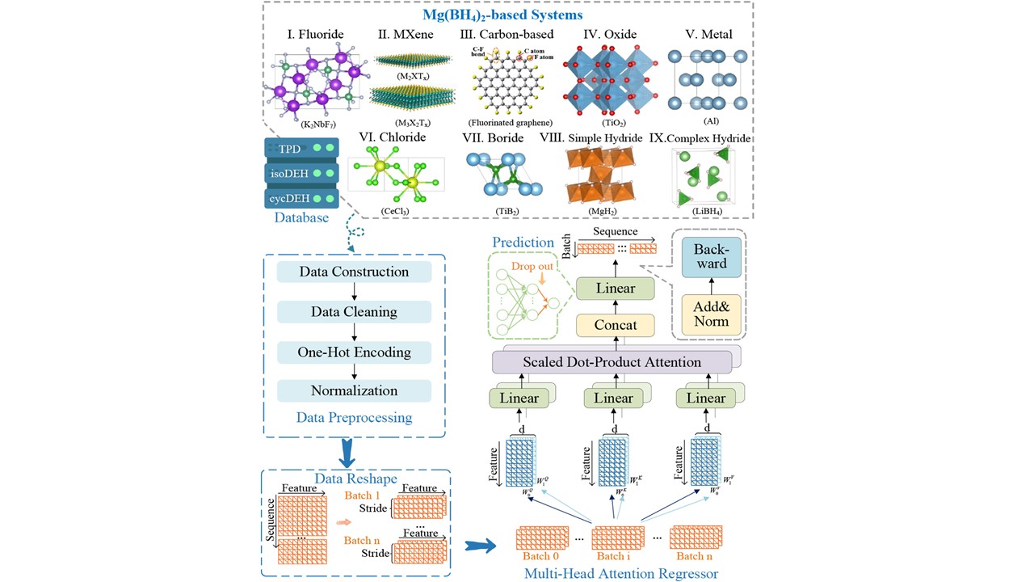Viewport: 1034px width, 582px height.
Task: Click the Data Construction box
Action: coord(354,272)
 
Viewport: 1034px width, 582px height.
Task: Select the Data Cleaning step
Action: coord(354,312)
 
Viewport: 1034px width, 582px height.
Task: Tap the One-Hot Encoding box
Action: coord(354,352)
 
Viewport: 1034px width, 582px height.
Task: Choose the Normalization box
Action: coord(354,391)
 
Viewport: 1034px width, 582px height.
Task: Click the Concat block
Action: coord(616,325)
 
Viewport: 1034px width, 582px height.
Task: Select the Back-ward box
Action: coord(712,256)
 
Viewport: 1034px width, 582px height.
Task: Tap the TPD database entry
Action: coord(300,149)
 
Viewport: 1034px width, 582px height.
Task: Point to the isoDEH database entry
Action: coord(300,173)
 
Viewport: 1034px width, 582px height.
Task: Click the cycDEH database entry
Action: coord(300,197)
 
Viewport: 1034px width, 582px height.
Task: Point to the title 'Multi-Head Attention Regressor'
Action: coord(621,573)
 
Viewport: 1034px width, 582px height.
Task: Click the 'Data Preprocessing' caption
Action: coord(354,418)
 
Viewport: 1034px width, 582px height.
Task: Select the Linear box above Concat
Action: coord(616,288)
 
